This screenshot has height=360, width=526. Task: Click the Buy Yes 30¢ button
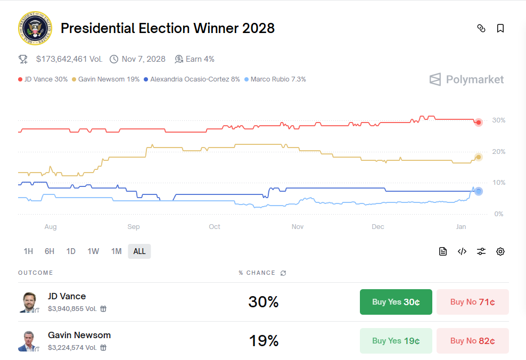(396, 302)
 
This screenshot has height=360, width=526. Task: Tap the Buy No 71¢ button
(472, 302)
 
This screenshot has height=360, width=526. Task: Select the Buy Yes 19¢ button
(396, 341)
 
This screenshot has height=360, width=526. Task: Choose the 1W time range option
(93, 251)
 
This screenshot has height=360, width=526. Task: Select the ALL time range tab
(139, 251)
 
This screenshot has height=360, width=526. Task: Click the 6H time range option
(50, 251)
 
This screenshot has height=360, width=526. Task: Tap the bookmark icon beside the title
(500, 28)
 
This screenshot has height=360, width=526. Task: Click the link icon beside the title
(481, 28)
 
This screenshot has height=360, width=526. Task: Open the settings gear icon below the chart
(500, 251)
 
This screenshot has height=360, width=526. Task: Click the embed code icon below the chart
(462, 251)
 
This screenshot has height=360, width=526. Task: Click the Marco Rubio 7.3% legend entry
(275, 79)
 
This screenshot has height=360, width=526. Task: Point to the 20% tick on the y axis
(499, 152)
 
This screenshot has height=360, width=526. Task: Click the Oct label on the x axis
(215, 227)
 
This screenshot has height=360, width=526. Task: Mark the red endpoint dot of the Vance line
(479, 122)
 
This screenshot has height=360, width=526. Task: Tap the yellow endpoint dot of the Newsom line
(479, 157)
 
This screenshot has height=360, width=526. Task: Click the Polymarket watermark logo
(466, 80)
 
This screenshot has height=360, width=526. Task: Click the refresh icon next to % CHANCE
(283, 273)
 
